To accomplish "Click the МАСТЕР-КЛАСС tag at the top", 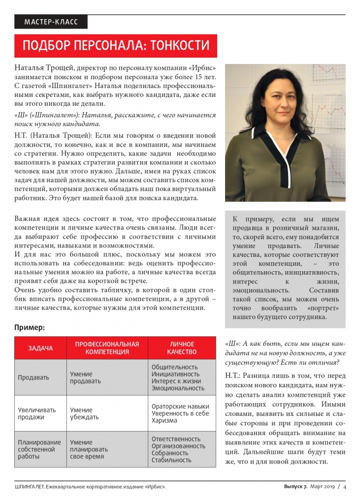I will [x=51, y=22].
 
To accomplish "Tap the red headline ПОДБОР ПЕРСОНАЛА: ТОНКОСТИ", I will [x=116, y=46].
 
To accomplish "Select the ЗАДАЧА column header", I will [x=40, y=348].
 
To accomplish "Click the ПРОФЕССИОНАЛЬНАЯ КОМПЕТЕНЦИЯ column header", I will [x=107, y=348].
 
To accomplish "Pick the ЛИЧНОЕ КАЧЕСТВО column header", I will [x=182, y=348].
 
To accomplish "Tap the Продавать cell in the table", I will [x=33, y=378].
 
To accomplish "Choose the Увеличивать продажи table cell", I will [x=37, y=413].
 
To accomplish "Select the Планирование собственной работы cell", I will [x=39, y=449].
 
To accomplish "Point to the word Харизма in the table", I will [x=164, y=420].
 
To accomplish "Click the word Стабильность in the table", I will [x=171, y=460].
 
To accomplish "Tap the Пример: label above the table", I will [x=30, y=327].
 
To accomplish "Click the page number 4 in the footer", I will [x=345, y=487].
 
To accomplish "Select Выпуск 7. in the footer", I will [x=295, y=487].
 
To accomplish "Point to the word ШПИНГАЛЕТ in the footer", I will [x=29, y=487].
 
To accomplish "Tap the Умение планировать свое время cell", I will [x=89, y=449].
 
